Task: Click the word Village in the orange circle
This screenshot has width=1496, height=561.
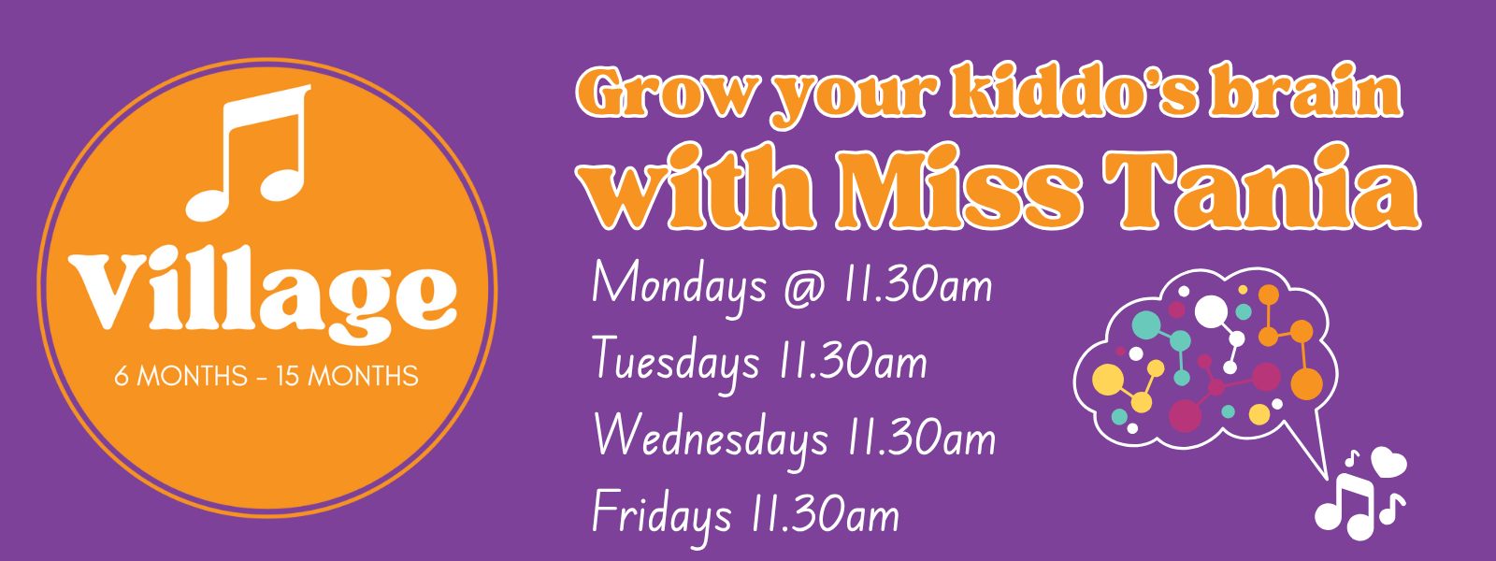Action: [x=263, y=294]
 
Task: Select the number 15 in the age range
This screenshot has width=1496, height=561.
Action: [x=287, y=377]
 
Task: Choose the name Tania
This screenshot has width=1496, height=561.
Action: [x=1261, y=187]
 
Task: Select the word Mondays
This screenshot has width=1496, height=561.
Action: [x=679, y=287]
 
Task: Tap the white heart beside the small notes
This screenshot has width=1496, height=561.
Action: [x=1389, y=462]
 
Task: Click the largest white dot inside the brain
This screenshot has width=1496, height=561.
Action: [x=1211, y=311]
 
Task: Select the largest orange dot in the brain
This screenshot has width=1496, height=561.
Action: [x=1306, y=384]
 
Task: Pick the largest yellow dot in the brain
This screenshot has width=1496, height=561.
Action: [x=1108, y=380]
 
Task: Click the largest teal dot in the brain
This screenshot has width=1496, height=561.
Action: [x=1146, y=324]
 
